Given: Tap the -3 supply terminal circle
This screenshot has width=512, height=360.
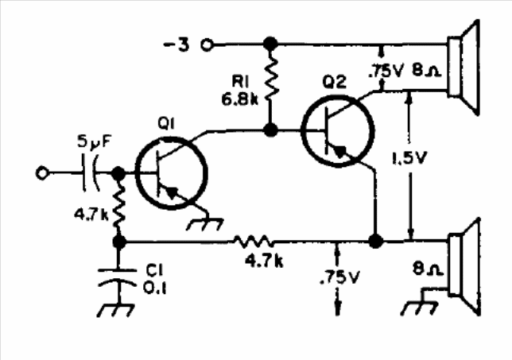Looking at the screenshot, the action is [208, 45].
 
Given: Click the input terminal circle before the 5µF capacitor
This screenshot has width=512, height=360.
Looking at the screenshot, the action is [42, 173].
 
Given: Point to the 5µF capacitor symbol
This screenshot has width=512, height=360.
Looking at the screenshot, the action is [90, 173].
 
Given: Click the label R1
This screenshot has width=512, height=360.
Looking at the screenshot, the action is [240, 81].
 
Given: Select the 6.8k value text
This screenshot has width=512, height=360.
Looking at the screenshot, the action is [239, 99].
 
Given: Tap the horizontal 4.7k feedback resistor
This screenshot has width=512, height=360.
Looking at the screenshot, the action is [254, 242].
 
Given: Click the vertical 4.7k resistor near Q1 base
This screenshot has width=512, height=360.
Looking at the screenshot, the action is [119, 205].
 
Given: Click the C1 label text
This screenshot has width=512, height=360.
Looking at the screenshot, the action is [154, 270].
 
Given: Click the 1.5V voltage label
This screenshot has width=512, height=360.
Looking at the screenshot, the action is [409, 158].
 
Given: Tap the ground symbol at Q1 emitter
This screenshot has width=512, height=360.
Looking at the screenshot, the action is [205, 224].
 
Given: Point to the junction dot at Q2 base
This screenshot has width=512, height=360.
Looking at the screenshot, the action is [270, 130].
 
